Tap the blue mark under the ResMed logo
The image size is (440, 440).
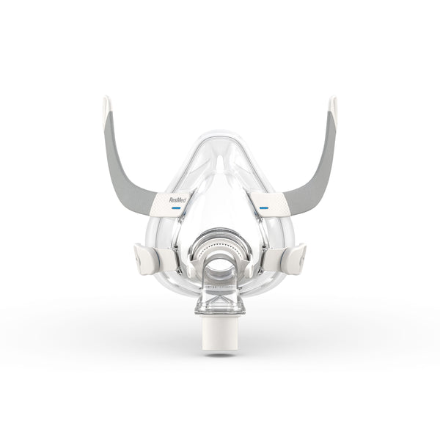(x=177, y=208)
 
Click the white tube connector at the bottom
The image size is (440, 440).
(x=220, y=337)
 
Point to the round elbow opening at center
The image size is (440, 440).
(x=220, y=265)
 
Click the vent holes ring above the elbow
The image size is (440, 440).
(x=220, y=238)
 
